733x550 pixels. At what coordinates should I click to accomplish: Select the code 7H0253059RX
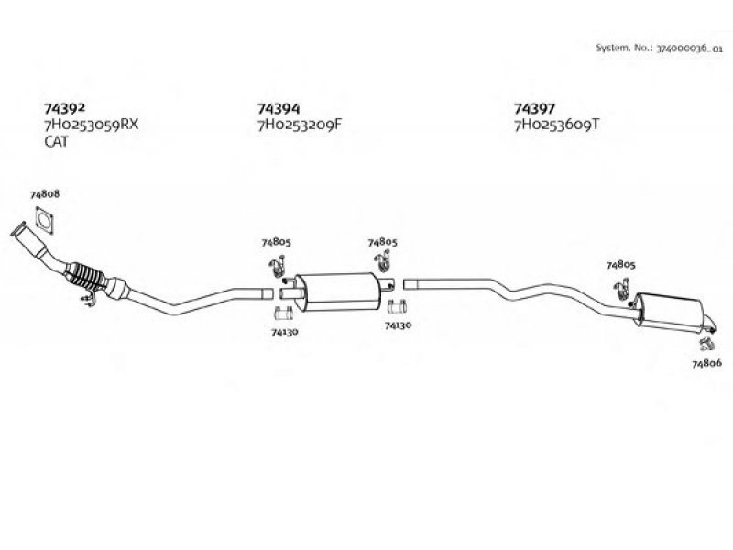[x=91, y=125]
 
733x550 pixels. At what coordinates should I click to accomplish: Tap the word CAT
[x=56, y=142]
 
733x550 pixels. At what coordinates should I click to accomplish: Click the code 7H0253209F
[x=299, y=125]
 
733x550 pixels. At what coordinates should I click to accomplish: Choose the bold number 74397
[x=534, y=107]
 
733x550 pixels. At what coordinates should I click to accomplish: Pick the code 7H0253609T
[x=556, y=125]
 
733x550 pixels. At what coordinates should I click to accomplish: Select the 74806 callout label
[x=707, y=364]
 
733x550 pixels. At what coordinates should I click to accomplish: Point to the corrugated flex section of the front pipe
[x=90, y=277]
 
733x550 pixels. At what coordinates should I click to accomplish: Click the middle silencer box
[x=336, y=290]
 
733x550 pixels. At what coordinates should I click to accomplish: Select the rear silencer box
[x=671, y=309]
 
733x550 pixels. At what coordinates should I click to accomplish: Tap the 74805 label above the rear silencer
[x=620, y=265]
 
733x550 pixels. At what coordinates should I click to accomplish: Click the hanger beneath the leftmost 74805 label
[x=275, y=267]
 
